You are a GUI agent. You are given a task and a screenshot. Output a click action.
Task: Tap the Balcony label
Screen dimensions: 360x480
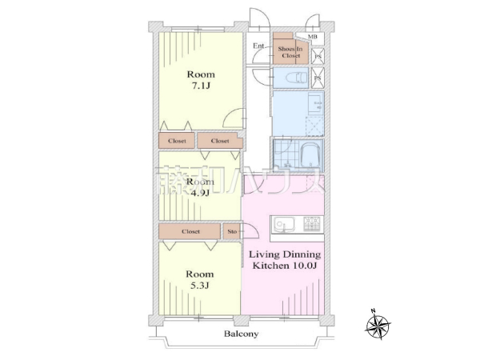[x=240, y=334]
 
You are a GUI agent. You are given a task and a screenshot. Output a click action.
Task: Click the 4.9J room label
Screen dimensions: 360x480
[x=200, y=186]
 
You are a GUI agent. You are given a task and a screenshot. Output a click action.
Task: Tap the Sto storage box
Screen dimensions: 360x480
[x=232, y=231]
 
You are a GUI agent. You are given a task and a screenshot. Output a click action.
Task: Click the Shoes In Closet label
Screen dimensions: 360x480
[x=289, y=52]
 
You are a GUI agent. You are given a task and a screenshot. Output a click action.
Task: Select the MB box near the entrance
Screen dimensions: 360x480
[x=311, y=37]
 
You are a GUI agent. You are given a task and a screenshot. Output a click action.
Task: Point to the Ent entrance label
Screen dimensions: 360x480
[x=258, y=46]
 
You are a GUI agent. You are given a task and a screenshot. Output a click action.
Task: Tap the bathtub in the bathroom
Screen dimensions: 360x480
[x=307, y=153]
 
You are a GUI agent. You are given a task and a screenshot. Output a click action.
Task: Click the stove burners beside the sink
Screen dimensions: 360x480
[x=311, y=223]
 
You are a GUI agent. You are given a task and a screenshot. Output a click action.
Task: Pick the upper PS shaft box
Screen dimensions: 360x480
[x=318, y=56]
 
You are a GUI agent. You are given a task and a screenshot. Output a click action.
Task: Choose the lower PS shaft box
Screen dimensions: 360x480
[x=318, y=78]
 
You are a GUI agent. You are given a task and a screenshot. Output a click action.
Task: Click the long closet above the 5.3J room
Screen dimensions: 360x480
[x=190, y=231]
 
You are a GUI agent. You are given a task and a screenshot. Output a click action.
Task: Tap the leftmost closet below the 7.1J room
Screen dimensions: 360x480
[x=178, y=141]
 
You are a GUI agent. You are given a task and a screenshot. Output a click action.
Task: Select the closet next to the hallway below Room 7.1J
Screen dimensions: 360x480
[x=219, y=141]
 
